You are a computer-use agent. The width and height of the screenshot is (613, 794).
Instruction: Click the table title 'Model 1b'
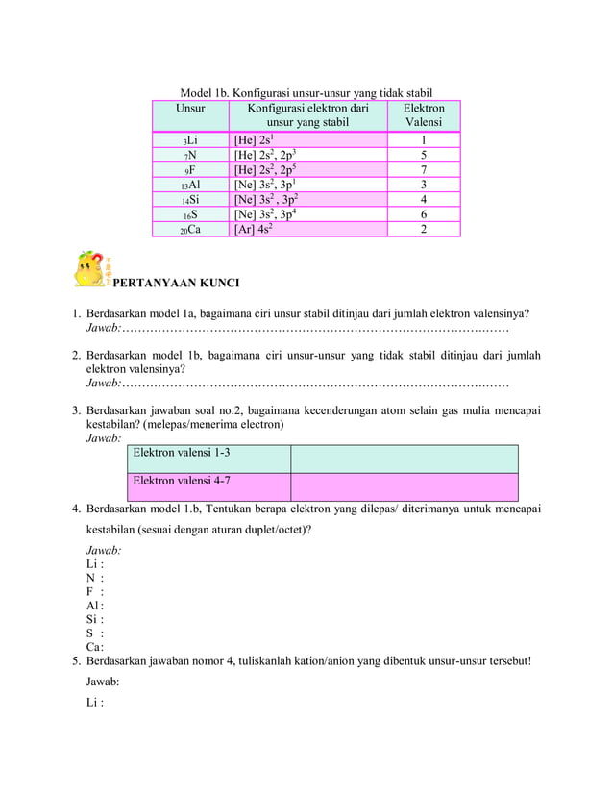(x=306, y=93)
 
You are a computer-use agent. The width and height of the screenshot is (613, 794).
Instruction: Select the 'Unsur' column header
(x=190, y=109)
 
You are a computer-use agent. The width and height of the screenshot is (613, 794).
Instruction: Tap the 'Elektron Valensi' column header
(x=424, y=115)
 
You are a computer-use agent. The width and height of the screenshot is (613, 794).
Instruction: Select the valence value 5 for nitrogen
(x=424, y=155)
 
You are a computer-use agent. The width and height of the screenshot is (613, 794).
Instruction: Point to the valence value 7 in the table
(x=424, y=170)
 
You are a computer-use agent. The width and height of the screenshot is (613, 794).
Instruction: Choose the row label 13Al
(x=190, y=185)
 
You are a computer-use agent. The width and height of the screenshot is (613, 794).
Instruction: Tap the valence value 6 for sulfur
(x=424, y=214)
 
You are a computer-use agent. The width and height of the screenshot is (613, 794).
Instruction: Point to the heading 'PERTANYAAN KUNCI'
(x=176, y=284)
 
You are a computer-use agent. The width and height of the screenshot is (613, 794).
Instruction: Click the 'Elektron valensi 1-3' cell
(x=208, y=458)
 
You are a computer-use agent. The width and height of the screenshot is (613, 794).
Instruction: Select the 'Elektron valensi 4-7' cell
(x=208, y=485)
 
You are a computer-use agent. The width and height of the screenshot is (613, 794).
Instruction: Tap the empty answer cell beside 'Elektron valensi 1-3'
(x=404, y=458)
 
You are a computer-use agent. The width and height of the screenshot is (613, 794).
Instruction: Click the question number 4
(x=76, y=509)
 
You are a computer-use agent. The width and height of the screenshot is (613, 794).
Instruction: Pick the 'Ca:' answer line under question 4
(x=94, y=647)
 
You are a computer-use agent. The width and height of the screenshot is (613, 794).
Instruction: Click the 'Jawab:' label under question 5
(x=103, y=681)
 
